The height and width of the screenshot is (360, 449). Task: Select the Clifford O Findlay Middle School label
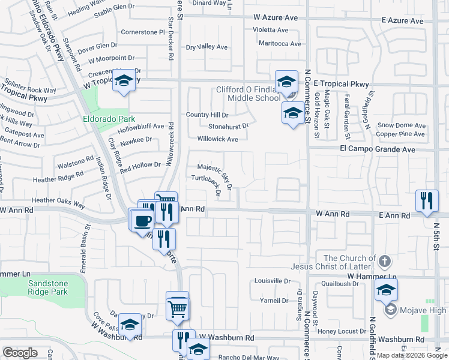247,94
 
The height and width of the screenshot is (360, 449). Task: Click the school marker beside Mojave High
386,290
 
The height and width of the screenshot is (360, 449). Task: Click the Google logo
20,353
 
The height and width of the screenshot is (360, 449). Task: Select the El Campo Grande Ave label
378,148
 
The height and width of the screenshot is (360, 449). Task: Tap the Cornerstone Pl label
142,32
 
